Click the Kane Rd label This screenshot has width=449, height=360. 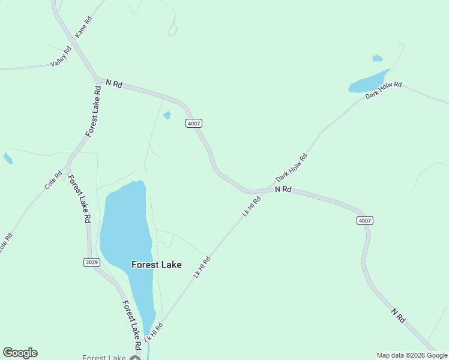[x=83, y=28]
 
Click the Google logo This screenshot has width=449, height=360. [x=20, y=353]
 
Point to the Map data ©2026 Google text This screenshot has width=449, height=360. [x=412, y=355]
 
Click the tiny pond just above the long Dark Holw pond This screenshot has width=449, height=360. [x=377, y=58]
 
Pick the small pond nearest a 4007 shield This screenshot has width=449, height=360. [x=167, y=115]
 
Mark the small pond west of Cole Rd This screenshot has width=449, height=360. [x=8, y=158]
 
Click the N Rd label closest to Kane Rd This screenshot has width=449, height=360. [x=113, y=84]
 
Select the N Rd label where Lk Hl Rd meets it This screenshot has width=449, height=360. [x=283, y=189]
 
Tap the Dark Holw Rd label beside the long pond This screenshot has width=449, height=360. [x=383, y=90]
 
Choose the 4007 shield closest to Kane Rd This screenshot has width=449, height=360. [x=193, y=123]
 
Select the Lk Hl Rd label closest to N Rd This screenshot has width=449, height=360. [x=252, y=205]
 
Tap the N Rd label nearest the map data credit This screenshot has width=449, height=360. [x=397, y=316]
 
